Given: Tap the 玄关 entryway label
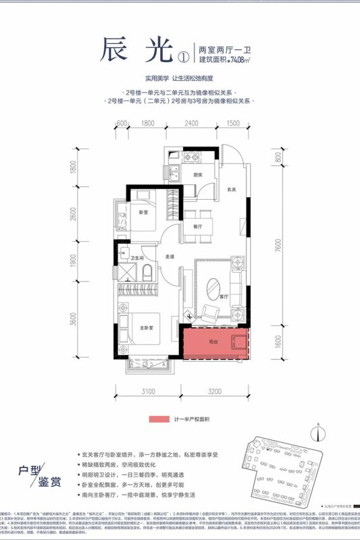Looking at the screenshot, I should coord(231,189).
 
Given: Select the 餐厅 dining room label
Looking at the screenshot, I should coord(197,227).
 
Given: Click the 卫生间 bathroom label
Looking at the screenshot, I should coord(136,258).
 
